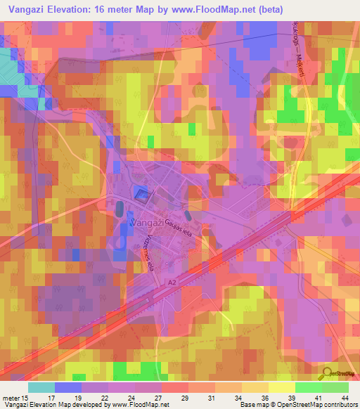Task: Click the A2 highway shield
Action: [172, 283]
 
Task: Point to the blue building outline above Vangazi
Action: [143, 195]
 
